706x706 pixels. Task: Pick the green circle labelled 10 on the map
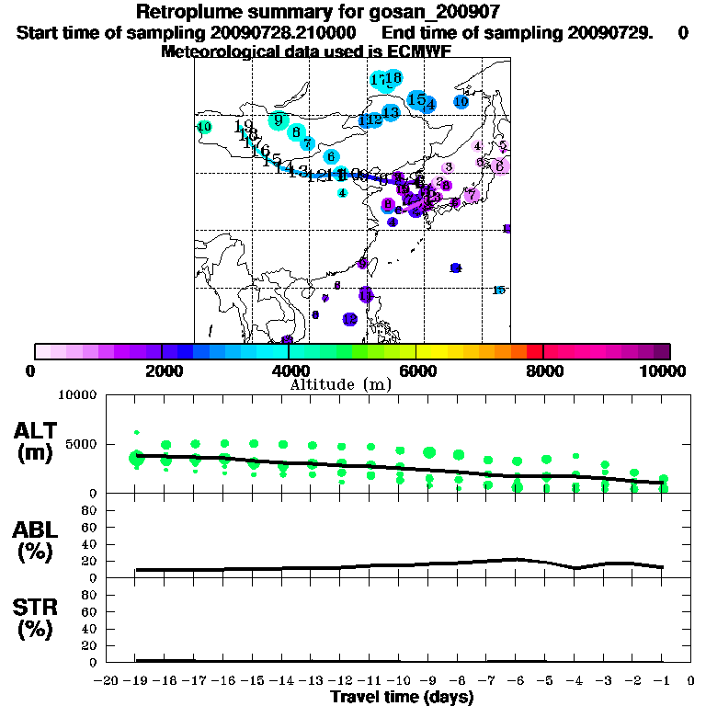[204, 127]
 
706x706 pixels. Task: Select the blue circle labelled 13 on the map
[391, 112]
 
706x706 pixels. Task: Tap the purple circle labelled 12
[349, 319]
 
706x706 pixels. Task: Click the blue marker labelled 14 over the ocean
[455, 268]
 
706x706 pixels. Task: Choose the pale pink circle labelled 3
[448, 167]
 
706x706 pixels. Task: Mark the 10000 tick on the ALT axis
[77, 395]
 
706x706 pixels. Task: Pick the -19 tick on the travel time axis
[137, 681]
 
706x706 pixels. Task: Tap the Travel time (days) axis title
[402, 697]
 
